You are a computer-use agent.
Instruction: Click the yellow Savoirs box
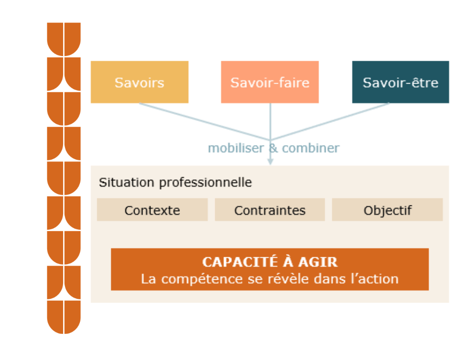pyautogui.click(x=140, y=82)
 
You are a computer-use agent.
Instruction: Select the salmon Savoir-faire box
pyautogui.click(x=270, y=82)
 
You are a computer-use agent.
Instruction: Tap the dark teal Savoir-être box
pyautogui.click(x=400, y=82)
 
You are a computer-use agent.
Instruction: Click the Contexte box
pyautogui.click(x=152, y=210)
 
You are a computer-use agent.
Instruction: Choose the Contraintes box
pyautogui.click(x=270, y=210)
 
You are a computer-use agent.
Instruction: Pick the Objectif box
pyautogui.click(x=387, y=210)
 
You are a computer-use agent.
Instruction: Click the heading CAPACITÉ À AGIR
pyautogui.click(x=270, y=262)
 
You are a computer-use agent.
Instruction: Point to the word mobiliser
pyautogui.click(x=236, y=148)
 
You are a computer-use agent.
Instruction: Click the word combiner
pyautogui.click(x=311, y=148)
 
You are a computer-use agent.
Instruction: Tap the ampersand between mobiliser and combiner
pyautogui.click(x=273, y=148)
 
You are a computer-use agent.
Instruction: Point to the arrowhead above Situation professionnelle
pyautogui.click(x=270, y=162)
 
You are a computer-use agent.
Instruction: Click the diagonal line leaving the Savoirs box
pyautogui.click(x=205, y=121)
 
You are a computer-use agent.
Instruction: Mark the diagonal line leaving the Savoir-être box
pyautogui.click(x=330, y=121)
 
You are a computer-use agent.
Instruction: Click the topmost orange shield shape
pyautogui.click(x=64, y=39)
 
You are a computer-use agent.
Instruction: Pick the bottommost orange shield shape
pyautogui.click(x=64, y=317)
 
